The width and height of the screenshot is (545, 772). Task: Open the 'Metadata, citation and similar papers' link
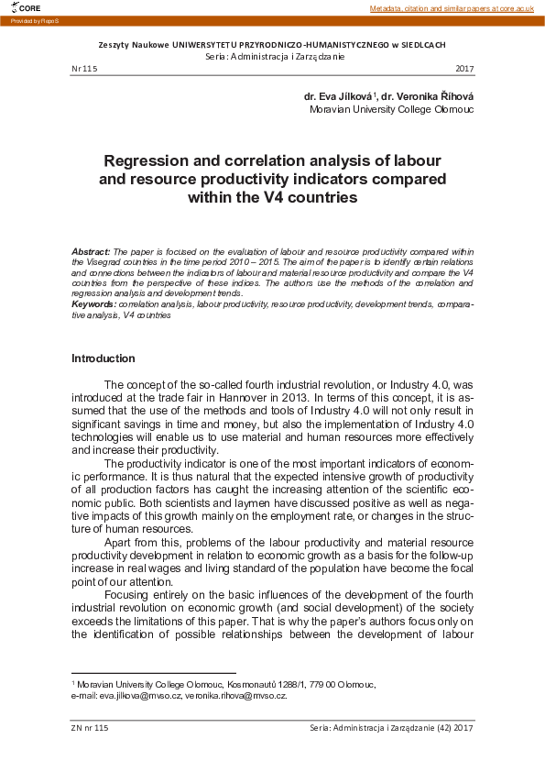coord(451,8)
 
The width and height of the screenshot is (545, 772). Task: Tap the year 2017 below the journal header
coord(463,70)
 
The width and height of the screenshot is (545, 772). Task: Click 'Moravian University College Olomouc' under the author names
coord(391,109)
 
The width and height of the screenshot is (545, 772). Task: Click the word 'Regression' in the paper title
coord(155,159)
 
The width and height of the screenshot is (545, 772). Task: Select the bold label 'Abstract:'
coord(91,250)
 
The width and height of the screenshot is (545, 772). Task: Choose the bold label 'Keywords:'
coord(93,303)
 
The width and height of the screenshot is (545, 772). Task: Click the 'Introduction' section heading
coord(104,358)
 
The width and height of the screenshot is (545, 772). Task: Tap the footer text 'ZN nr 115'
coord(90,727)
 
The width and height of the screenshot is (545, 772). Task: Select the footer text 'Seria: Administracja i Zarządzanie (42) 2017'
coord(392,727)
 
